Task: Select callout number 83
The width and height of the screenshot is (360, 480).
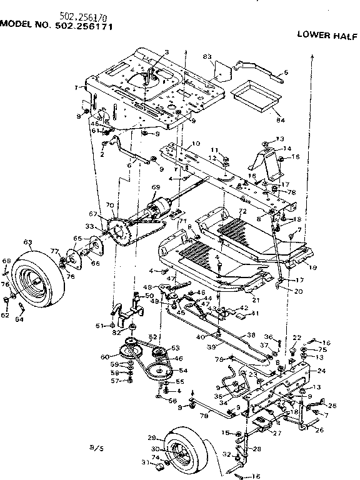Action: [x=208, y=56]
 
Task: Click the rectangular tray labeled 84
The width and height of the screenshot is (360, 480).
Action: [x=254, y=97]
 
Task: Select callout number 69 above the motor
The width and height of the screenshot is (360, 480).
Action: [x=156, y=187]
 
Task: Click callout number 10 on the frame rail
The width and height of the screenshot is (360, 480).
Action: [x=196, y=144]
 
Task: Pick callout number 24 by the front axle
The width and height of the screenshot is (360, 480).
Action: [x=322, y=371]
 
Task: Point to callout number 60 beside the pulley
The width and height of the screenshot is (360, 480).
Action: [x=116, y=357]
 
